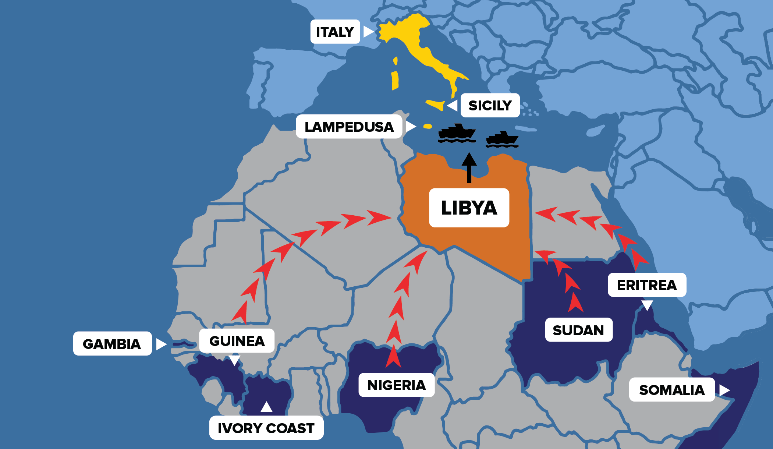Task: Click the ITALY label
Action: [335, 32]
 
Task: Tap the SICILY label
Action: [490, 106]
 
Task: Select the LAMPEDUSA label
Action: [349, 127]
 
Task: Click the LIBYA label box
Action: [469, 208]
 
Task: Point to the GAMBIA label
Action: [112, 344]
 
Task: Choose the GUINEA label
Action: [237, 341]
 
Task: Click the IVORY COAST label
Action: [266, 428]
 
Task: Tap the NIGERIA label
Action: [396, 385]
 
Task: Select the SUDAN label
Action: [578, 330]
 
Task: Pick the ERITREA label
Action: [647, 285]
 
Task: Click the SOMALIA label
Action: [672, 390]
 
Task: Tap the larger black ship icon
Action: [457, 133]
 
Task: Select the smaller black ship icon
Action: [502, 140]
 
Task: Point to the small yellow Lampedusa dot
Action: [428, 127]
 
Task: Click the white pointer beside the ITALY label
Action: [368, 32]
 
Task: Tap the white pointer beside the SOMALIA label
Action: [724, 390]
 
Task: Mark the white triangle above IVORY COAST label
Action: [266, 407]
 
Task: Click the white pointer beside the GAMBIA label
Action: [161, 344]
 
